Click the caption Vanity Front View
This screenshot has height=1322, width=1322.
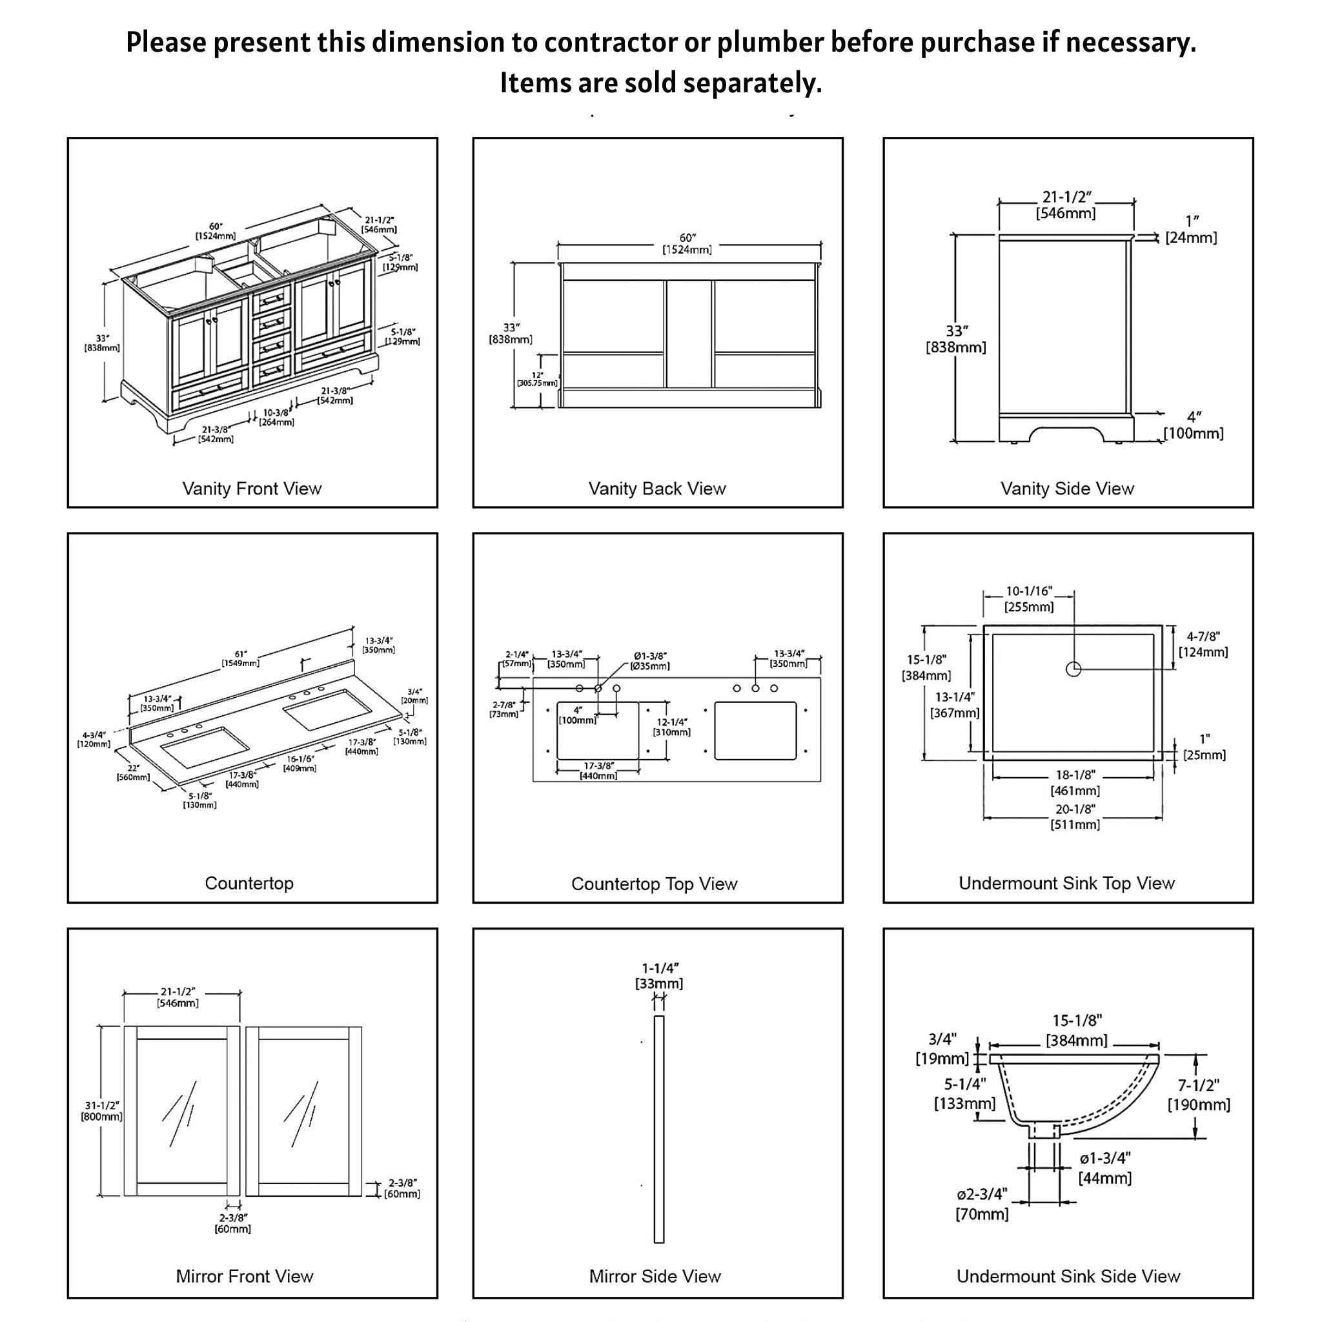pos(252,489)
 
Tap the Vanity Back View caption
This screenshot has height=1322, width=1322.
pos(657,489)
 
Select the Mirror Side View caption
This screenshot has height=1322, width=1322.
pos(655,1276)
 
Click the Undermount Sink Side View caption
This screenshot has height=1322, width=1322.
pos(1068,1276)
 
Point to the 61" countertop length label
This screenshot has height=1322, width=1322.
pos(240,659)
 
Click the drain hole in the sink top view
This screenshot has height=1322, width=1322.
pos(1073,669)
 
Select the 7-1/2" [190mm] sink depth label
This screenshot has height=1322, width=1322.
pos(1198,1095)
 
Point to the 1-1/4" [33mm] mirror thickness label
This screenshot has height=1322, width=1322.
pos(659,977)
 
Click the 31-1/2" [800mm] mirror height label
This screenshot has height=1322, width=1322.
pos(102,1110)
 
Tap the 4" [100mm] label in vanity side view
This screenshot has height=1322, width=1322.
pos(1194,425)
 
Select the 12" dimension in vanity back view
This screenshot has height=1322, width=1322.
pos(538,379)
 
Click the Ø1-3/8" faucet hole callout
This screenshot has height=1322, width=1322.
pos(650,661)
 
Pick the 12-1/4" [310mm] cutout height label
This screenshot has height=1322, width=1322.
pos(672,727)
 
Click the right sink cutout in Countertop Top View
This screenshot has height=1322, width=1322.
pos(755,730)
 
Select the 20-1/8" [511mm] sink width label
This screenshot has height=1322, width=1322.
pos(1075,817)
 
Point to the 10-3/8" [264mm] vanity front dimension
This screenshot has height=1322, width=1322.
pos(276,418)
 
